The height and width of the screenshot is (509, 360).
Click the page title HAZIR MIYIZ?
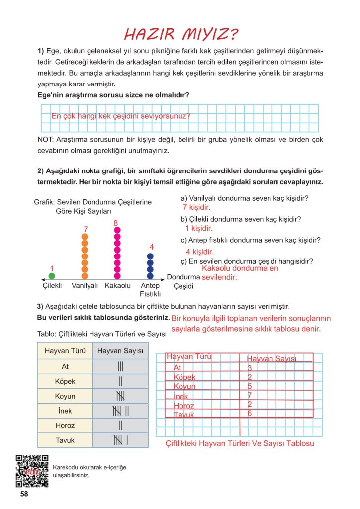pyautogui.click(x=181, y=34)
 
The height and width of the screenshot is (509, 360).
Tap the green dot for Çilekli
pyautogui.click(x=52, y=275)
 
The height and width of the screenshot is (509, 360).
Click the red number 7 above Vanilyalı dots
pyautogui.click(x=86, y=229)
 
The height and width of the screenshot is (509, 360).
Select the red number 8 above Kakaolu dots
pyautogui.click(x=116, y=223)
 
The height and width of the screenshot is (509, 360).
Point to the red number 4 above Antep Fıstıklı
pyautogui.click(x=151, y=247)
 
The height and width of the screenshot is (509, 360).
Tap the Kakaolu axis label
pyautogui.click(x=117, y=286)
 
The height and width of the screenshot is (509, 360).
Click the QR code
pyautogui.click(x=32, y=470)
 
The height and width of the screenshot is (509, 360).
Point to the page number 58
pyautogui.click(x=24, y=494)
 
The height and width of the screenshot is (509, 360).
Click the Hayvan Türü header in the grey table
pyautogui.click(x=65, y=351)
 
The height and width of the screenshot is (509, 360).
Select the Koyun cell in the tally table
pyautogui.click(x=65, y=396)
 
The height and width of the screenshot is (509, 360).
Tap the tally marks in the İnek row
pyautogui.click(x=120, y=411)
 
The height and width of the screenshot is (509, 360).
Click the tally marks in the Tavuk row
pyautogui.click(x=120, y=440)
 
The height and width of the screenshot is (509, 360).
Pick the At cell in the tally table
pyautogui.click(x=65, y=367)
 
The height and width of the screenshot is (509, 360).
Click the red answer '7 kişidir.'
pyautogui.click(x=197, y=208)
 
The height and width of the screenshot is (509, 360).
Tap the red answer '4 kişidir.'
pyautogui.click(x=199, y=252)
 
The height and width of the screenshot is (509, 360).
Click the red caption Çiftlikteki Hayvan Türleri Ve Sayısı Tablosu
pyautogui.click(x=240, y=443)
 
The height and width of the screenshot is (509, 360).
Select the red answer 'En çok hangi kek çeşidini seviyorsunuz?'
pyautogui.click(x=121, y=116)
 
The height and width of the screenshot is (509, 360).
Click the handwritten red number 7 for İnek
pyautogui.click(x=250, y=395)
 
